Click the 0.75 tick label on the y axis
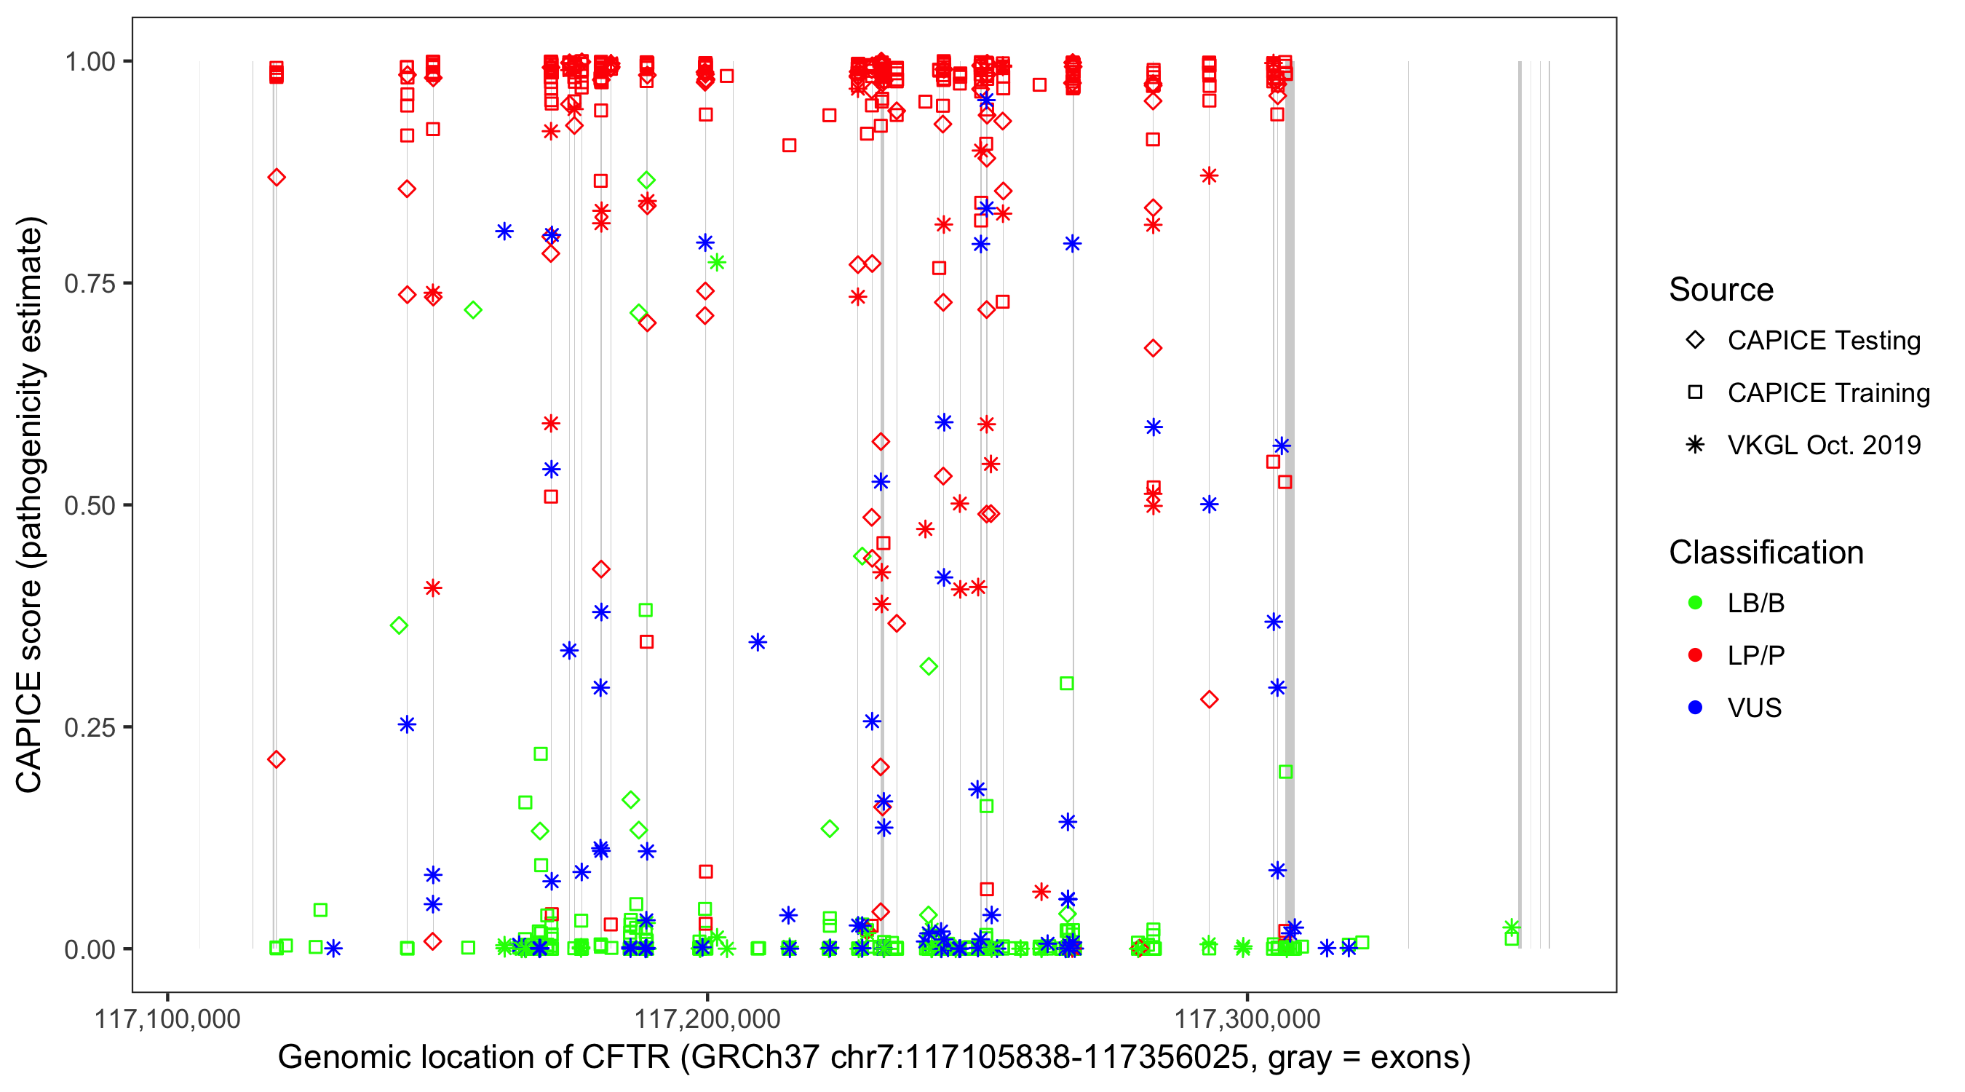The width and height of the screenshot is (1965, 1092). (89, 284)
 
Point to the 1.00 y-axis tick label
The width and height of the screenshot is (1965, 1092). (89, 62)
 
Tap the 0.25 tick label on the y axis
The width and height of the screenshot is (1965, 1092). (89, 727)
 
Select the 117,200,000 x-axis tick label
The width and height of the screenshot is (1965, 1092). (707, 1018)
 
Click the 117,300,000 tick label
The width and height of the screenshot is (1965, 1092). (1247, 1018)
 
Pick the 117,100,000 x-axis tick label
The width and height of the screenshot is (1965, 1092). (167, 1018)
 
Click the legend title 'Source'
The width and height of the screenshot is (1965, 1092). (1721, 290)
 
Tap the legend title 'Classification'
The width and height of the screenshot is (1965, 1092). (1766, 553)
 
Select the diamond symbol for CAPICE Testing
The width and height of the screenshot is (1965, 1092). (1695, 341)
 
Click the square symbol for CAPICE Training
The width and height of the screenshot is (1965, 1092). (1695, 393)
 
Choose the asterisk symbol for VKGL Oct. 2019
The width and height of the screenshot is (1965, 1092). (1695, 445)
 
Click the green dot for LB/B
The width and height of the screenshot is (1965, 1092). (1695, 603)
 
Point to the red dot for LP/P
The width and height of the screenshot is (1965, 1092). (1695, 655)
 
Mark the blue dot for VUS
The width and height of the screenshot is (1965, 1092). (1695, 708)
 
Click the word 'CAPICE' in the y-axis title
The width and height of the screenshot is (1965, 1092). (29, 732)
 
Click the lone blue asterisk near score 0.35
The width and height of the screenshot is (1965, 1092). (758, 643)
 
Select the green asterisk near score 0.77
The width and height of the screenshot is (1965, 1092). (716, 263)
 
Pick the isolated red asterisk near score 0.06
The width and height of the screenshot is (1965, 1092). (1041, 891)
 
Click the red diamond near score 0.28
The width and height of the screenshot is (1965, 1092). (1209, 700)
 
